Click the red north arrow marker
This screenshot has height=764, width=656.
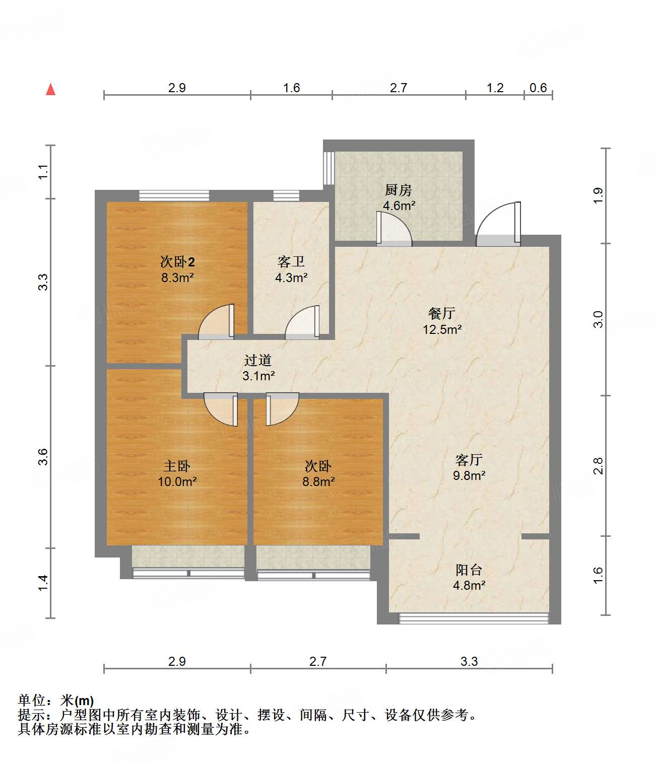point(50,89)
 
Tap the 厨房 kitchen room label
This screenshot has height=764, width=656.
point(398,190)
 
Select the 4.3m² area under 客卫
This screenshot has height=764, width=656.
point(291,277)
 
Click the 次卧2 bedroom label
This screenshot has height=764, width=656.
point(177,261)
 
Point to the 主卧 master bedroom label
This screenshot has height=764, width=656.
point(177,466)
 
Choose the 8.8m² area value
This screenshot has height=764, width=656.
point(318,481)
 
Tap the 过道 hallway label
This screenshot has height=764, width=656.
point(258,360)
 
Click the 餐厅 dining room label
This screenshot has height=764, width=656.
point(442,313)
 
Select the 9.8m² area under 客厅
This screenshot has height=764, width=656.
point(469,475)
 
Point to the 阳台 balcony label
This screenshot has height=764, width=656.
point(469,570)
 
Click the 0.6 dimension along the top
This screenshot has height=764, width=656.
point(538,88)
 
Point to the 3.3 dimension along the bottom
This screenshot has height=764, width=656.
point(469,661)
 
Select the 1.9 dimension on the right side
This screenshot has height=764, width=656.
point(598,195)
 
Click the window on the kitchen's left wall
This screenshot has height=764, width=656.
point(329,168)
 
